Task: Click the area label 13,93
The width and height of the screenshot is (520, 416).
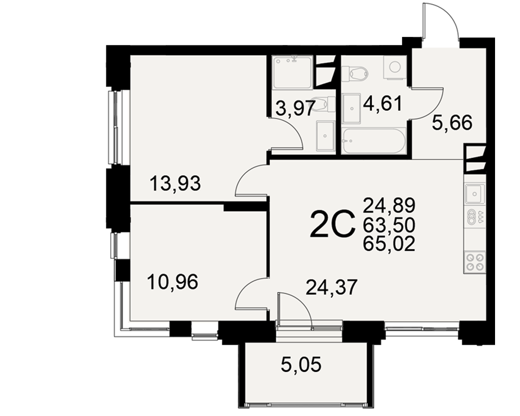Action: (x=175, y=184)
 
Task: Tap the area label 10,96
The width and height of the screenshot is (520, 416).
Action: (x=173, y=282)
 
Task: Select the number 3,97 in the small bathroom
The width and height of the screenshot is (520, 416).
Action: (x=295, y=108)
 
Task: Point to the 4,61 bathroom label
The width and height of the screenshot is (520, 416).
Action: (x=382, y=103)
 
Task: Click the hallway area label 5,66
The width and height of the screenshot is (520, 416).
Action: (x=452, y=123)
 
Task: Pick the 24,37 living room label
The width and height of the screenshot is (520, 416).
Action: (x=332, y=287)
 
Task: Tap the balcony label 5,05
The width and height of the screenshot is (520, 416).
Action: (x=301, y=365)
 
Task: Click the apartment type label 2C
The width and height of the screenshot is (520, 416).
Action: (x=331, y=225)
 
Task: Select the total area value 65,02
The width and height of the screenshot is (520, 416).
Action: (x=389, y=244)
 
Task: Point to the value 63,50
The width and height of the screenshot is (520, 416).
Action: (x=389, y=225)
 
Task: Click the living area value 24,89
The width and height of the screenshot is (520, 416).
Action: (x=389, y=205)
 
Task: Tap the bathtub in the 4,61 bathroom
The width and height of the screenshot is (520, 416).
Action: (x=374, y=141)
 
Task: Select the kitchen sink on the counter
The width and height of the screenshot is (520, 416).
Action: (x=475, y=194)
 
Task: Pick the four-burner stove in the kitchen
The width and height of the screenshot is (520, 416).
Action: (x=475, y=262)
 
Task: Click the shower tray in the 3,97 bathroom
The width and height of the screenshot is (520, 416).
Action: (x=292, y=72)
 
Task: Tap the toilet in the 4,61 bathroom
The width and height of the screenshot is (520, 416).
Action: (x=354, y=73)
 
